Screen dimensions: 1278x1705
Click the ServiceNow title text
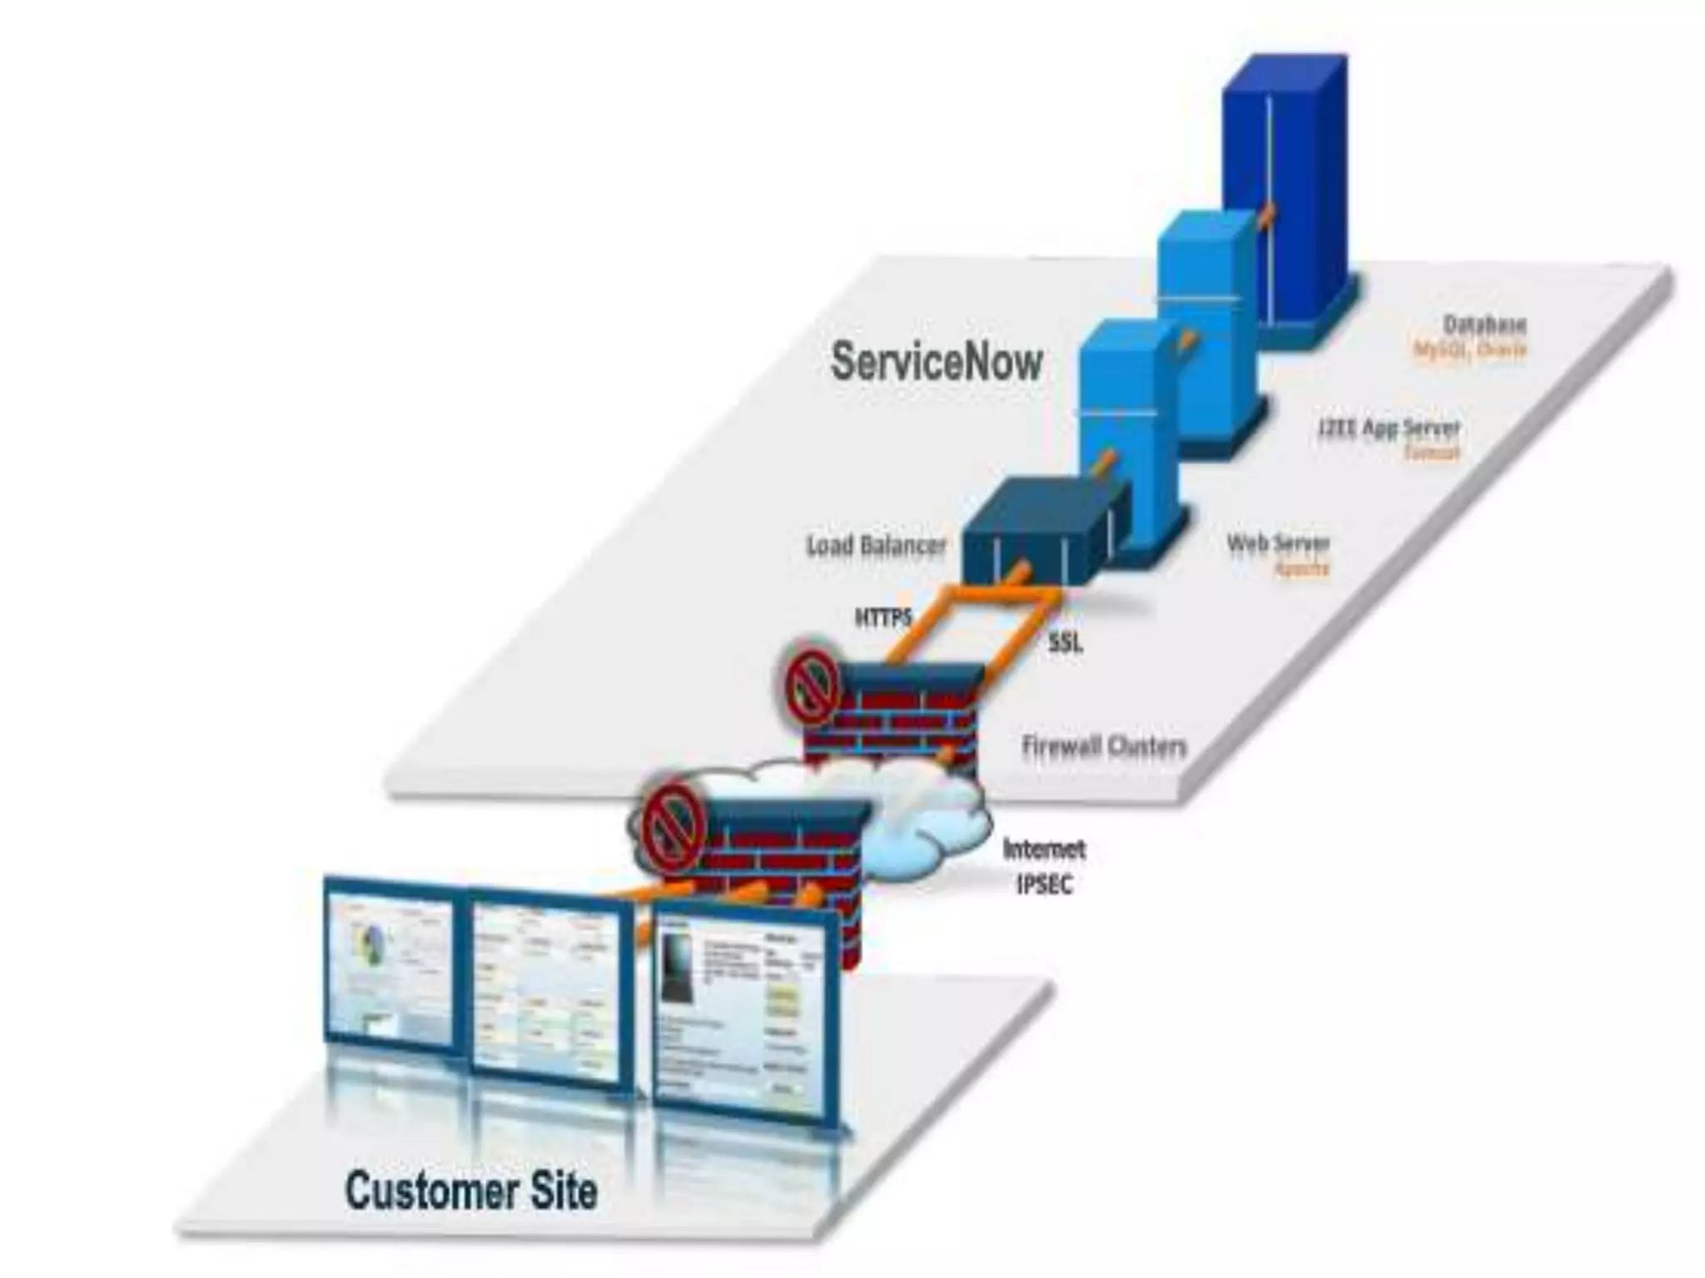(x=937, y=363)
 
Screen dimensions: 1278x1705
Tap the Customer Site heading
(x=471, y=1191)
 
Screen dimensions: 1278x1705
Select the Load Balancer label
(x=876, y=546)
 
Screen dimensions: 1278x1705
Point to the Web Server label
(x=1278, y=544)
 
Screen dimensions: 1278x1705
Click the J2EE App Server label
(x=1389, y=428)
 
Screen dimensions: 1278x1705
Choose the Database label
(x=1484, y=324)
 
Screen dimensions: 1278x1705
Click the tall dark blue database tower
(x=1286, y=191)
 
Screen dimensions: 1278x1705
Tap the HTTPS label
(x=883, y=617)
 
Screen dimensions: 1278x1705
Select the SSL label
(x=1065, y=642)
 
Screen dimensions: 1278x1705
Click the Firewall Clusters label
(x=1103, y=746)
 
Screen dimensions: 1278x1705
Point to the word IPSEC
(x=1044, y=884)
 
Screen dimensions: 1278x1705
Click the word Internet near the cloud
(x=1044, y=850)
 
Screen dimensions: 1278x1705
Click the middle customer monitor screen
(x=548, y=990)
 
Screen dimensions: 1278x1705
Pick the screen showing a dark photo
(x=741, y=1015)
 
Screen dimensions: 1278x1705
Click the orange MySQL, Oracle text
(x=1470, y=350)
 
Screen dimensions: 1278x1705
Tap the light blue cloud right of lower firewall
(x=924, y=832)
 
